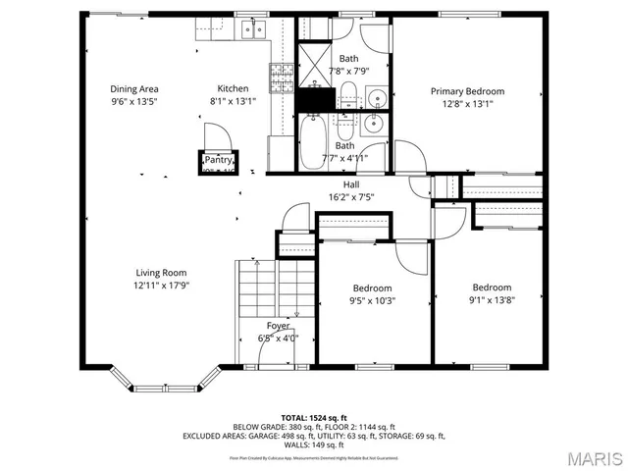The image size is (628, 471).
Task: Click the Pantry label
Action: [x=218, y=160]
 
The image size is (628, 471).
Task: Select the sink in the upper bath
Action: [x=377, y=98]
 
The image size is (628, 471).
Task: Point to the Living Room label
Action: [x=161, y=273]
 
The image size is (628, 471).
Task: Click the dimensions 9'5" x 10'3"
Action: [x=373, y=301]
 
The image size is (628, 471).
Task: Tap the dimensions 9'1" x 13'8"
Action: [x=492, y=301]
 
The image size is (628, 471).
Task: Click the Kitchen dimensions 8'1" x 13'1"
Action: [x=234, y=101]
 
